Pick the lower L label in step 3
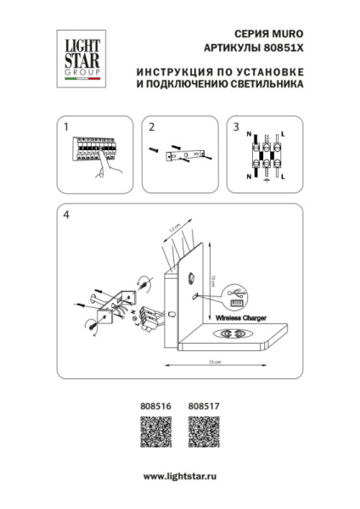(x=282, y=176)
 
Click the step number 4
(x=65, y=216)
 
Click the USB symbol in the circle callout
(x=236, y=297)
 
